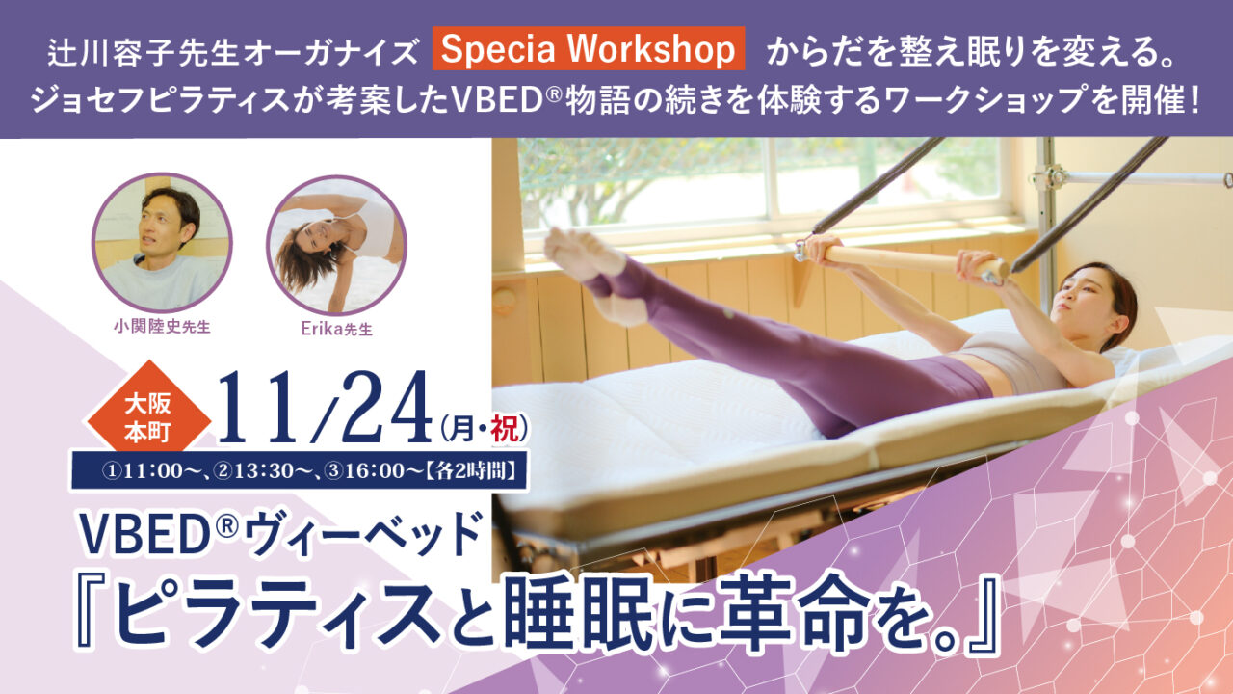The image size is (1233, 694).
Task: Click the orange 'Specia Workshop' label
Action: click(x=589, y=48)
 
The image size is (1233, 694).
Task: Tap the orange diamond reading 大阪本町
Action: click(x=148, y=419)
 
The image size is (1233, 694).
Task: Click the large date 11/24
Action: click(x=325, y=408)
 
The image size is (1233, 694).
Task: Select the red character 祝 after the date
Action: click(x=504, y=429)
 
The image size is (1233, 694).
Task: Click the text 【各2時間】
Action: click(x=471, y=471)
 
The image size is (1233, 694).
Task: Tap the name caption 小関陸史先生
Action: click(x=163, y=327)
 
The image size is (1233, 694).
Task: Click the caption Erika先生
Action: click(x=337, y=329)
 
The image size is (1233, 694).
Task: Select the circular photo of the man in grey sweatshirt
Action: click(x=162, y=242)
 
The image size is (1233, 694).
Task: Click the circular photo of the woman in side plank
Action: click(x=337, y=245)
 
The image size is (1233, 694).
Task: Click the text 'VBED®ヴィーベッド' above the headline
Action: click(x=281, y=533)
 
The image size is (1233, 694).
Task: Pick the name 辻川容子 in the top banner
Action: click(x=113, y=53)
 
